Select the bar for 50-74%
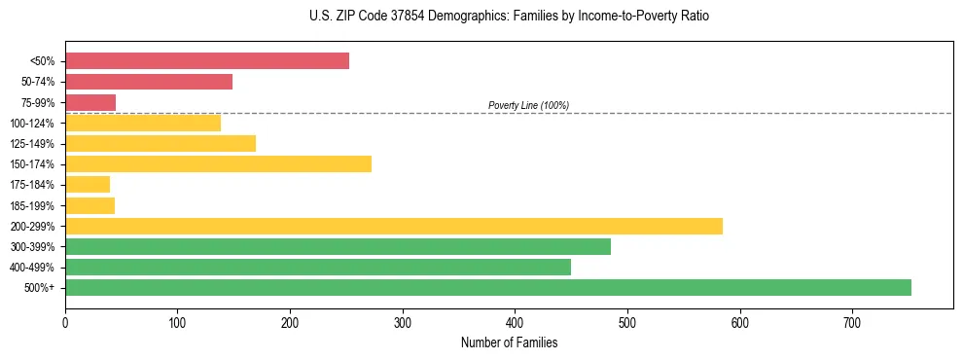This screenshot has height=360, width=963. [x=149, y=82]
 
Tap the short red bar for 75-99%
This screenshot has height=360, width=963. [x=90, y=102]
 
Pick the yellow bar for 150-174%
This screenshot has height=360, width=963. [x=218, y=163]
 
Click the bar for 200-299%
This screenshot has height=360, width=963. [x=394, y=226]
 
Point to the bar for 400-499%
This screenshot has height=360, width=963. [x=318, y=267]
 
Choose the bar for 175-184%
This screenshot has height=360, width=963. [x=88, y=184]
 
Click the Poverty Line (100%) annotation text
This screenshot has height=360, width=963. [x=528, y=105]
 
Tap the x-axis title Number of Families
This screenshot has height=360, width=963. [x=509, y=342]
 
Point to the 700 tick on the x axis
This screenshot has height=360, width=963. [x=852, y=322]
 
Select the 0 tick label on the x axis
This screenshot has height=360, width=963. [x=65, y=322]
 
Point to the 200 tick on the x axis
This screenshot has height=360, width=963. [x=290, y=322]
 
